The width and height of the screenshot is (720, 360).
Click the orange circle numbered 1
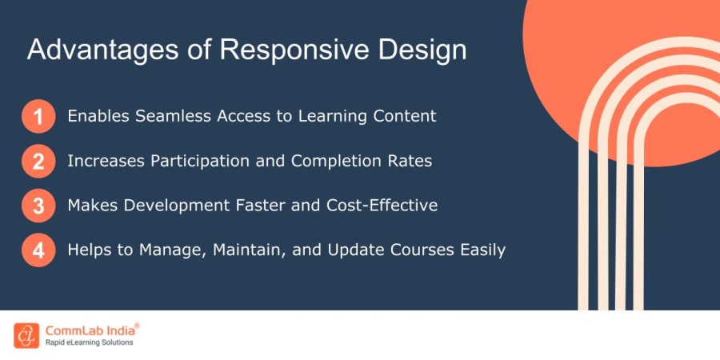tap(38, 117)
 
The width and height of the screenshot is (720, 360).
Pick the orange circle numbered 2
tap(38, 162)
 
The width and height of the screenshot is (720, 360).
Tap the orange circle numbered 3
tap(38, 206)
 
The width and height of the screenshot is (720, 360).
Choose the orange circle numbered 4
tap(38, 250)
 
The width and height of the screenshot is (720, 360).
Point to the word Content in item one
tap(405, 116)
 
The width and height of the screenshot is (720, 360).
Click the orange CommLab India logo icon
tap(26, 335)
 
